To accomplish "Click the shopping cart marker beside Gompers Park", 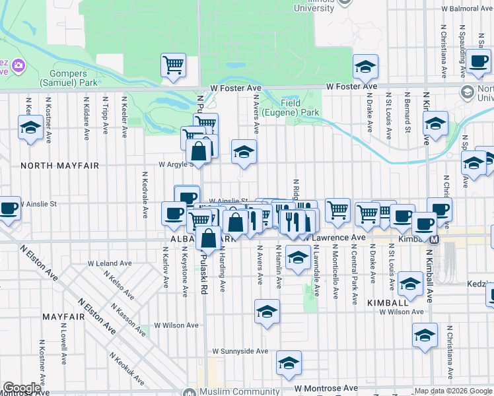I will (174, 65).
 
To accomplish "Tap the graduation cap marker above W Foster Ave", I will (365, 66).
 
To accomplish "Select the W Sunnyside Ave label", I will (240, 351).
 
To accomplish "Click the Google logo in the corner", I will (22, 388).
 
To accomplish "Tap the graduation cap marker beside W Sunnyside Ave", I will (289, 363).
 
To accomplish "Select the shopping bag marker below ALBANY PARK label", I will (208, 238).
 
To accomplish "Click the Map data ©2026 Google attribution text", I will (453, 391).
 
